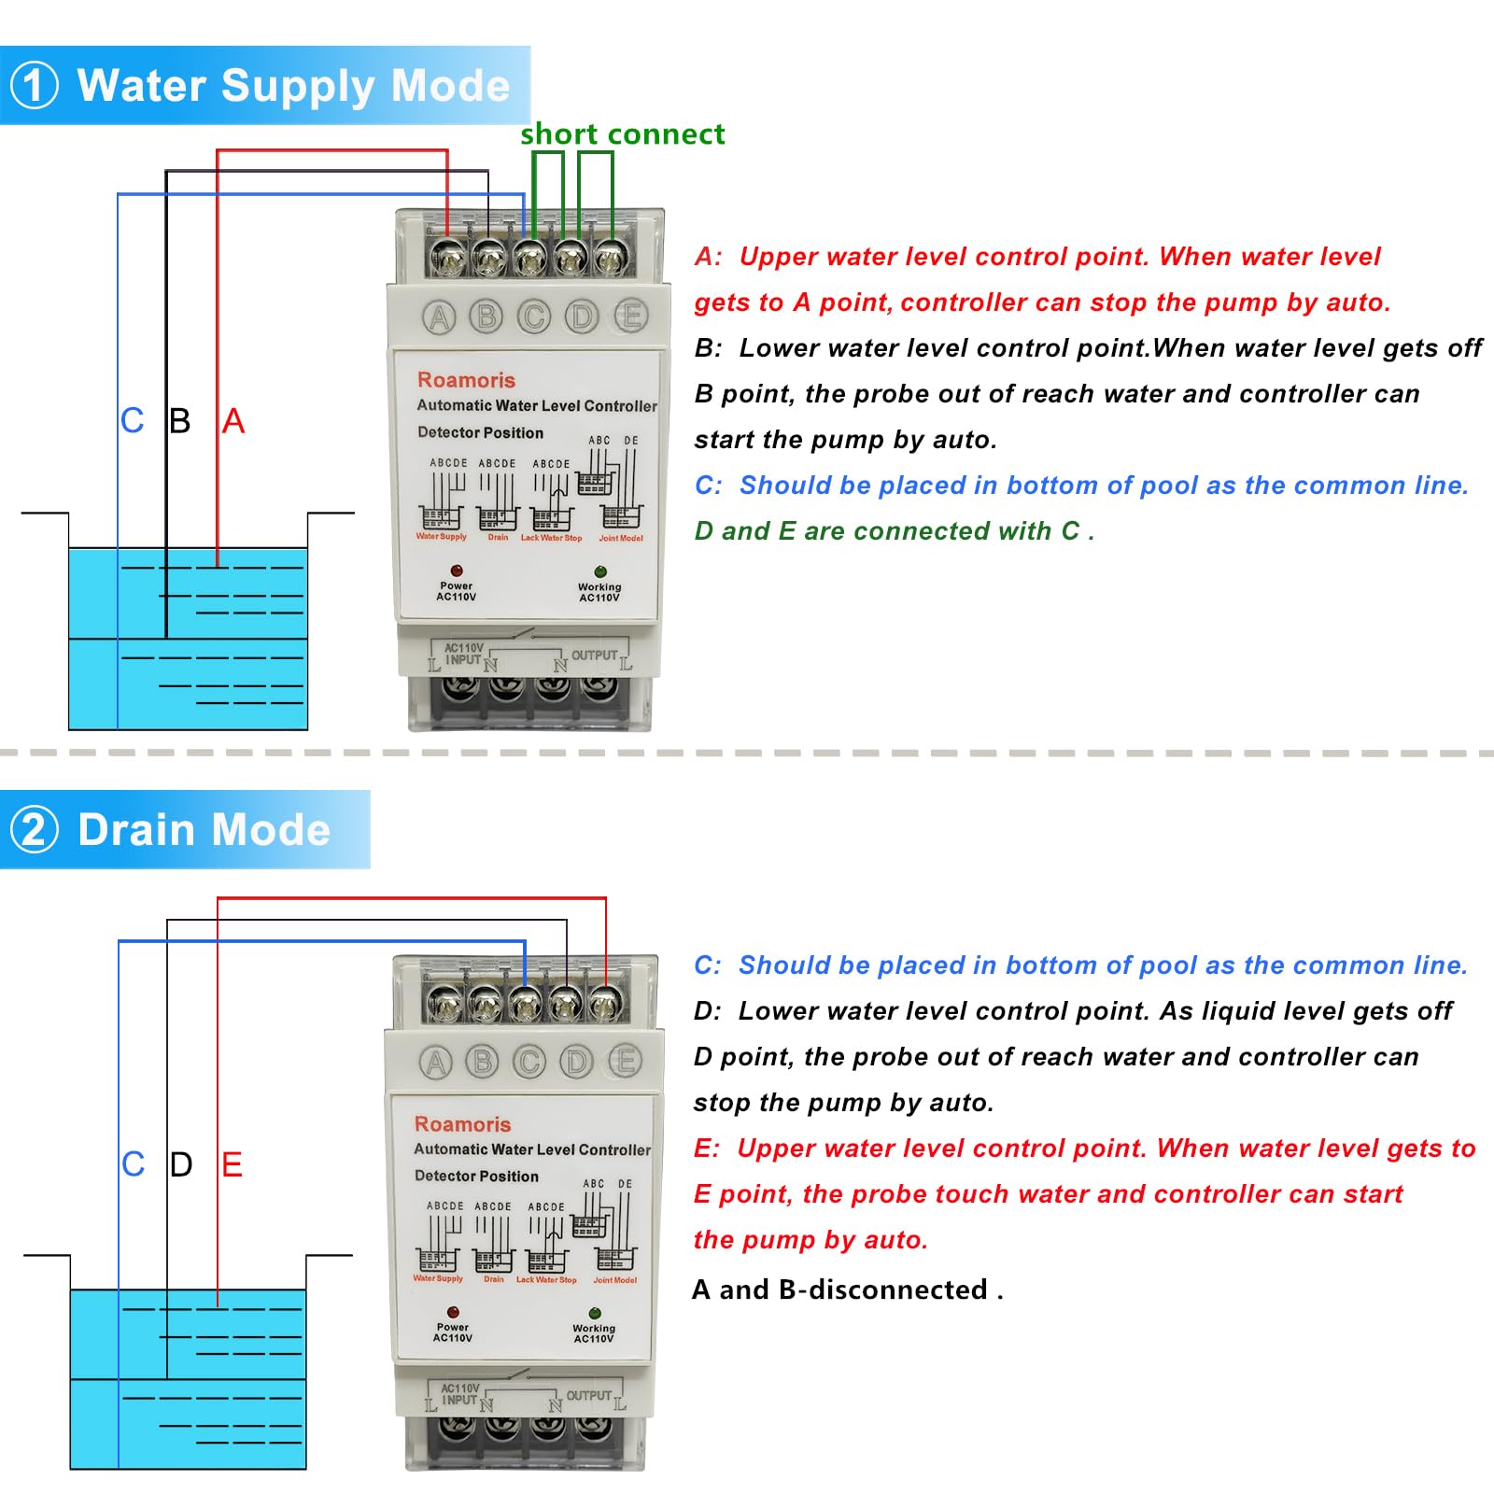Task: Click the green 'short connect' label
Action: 622,134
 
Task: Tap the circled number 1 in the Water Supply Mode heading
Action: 35,85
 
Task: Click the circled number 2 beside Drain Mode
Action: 35,829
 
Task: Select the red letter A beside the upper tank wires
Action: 233,421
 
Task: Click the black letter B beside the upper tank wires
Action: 180,421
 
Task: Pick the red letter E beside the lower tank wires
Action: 232,1164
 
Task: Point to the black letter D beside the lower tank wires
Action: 181,1164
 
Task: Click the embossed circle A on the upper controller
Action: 439,317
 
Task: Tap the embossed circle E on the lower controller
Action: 625,1061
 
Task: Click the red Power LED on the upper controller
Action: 457,571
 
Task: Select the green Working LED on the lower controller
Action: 595,1313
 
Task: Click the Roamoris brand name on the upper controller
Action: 466,380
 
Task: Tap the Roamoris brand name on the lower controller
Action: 462,1124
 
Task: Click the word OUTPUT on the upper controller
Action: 594,655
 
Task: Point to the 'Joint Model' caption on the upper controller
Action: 621,539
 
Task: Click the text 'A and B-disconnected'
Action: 847,1290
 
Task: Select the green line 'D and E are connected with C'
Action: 894,531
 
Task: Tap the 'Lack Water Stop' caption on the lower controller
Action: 546,1280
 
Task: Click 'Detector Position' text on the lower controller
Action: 476,1177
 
